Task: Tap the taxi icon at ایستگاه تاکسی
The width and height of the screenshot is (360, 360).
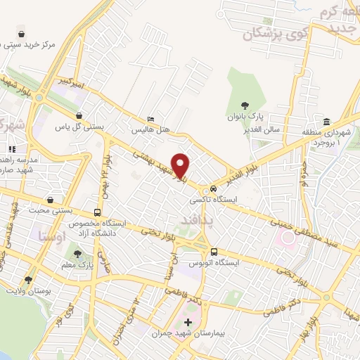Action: tap(211, 190)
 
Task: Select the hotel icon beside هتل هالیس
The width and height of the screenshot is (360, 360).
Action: tap(151, 120)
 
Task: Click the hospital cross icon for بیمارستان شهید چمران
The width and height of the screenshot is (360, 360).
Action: tap(188, 322)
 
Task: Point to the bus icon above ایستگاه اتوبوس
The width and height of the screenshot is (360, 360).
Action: tap(214, 252)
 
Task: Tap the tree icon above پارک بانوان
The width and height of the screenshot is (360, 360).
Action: tap(244, 105)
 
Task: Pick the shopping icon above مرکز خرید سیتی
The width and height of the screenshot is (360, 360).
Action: tap(22, 33)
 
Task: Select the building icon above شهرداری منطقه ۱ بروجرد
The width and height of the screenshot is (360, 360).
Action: tap(328, 120)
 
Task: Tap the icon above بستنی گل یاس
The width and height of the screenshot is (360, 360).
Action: tap(79, 116)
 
